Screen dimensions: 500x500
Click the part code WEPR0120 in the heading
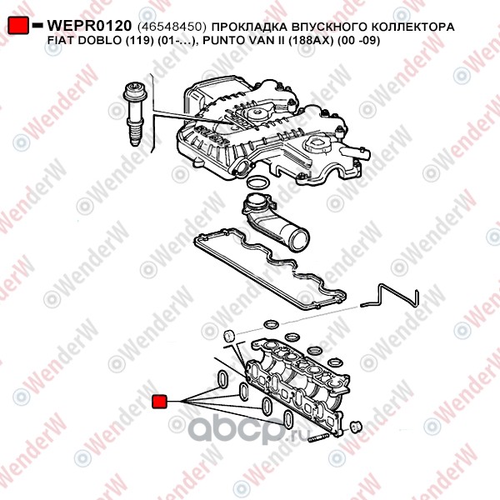coord(89,26)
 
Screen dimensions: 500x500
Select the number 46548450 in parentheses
coord(170,27)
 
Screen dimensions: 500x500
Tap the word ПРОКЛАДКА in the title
coord(247,27)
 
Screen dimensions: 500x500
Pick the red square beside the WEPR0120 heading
coord(18,25)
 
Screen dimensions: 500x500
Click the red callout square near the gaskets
coord(159,402)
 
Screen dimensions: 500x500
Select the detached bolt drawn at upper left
coord(134,114)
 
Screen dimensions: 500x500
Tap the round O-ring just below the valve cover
coord(258,182)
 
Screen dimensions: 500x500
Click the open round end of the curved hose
coord(298,240)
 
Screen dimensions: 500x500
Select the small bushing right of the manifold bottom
coord(356,427)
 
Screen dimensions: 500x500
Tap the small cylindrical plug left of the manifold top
coord(229,336)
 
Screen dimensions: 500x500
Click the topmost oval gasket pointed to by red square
coord(222,379)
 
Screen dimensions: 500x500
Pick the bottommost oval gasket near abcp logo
coord(288,418)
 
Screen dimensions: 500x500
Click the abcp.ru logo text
coord(248,429)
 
